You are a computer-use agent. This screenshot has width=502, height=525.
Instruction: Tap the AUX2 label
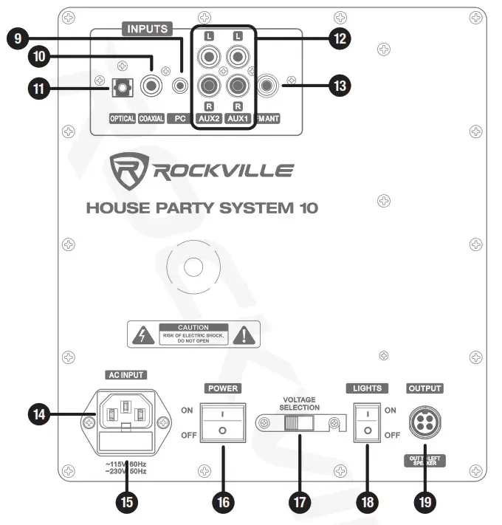pyautogui.click(x=210, y=117)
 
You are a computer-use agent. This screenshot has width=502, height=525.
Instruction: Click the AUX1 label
pyautogui.click(x=238, y=117)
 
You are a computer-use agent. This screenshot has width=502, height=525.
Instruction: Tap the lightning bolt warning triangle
pyautogui.click(x=140, y=336)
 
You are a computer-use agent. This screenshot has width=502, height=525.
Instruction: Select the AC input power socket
pyautogui.click(x=125, y=417)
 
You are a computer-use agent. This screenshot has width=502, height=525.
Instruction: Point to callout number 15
pyautogui.click(x=127, y=502)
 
